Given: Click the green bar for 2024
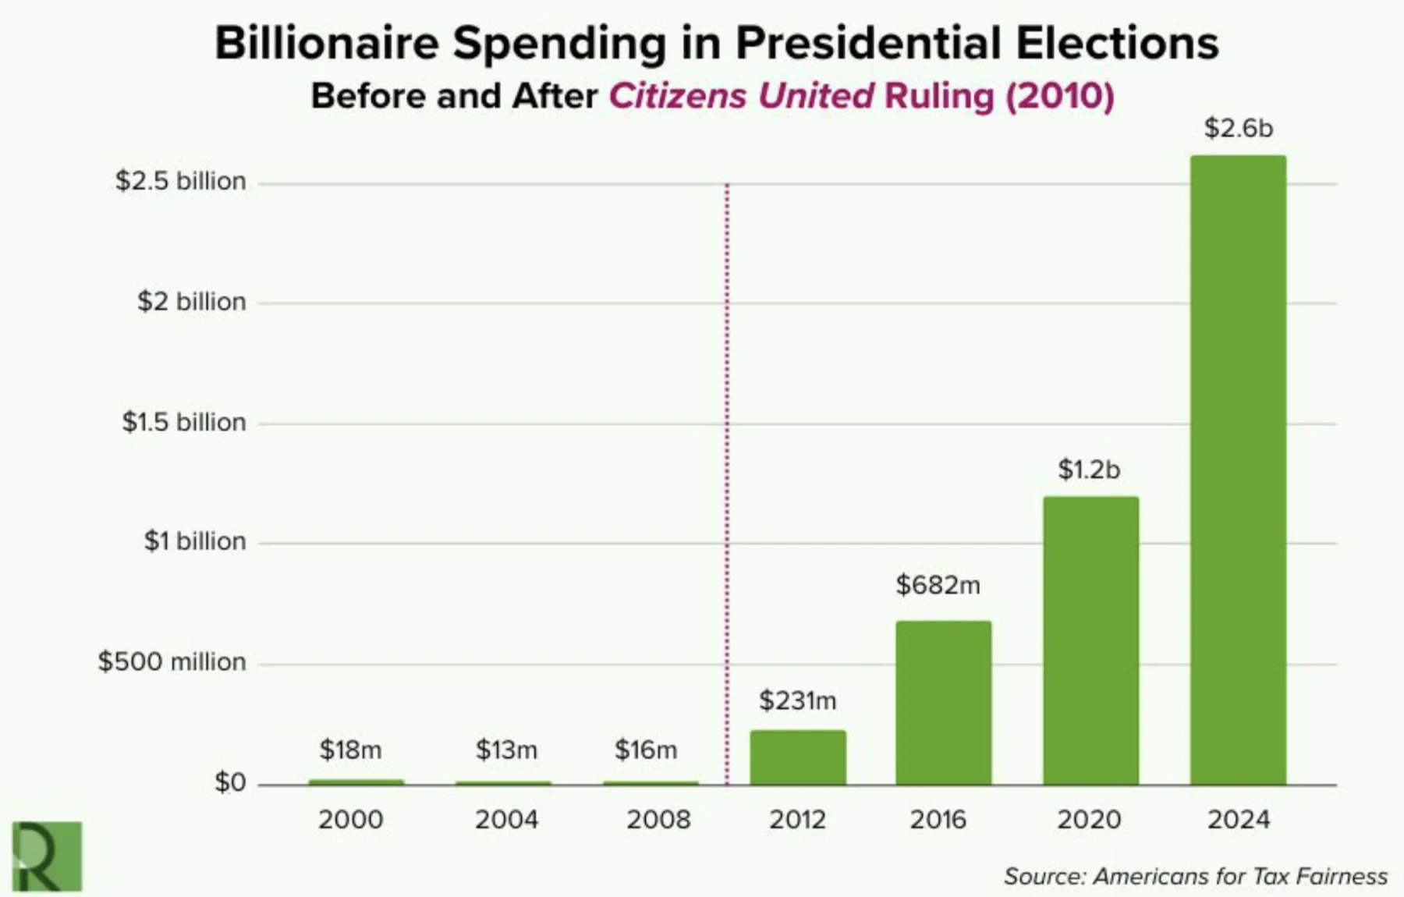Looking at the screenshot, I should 1238,468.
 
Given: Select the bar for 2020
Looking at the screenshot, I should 1090,640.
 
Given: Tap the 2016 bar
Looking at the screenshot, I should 943,702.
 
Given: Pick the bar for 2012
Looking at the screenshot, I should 797,757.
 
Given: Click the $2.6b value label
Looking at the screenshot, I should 1238,128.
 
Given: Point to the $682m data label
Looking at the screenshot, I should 938,584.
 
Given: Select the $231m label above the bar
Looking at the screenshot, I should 797,700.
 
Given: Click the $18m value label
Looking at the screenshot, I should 350,750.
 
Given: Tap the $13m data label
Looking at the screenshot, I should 506,750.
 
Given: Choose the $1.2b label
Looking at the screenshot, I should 1089,469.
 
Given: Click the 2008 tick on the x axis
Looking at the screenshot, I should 658,819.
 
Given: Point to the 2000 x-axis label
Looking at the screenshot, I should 350,819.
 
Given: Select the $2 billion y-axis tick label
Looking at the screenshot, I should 191,301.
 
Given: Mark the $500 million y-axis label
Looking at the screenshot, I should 172,661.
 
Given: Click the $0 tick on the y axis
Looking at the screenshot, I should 230,782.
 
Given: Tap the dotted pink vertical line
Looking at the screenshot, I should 727,468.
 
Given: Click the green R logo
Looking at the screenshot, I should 47,856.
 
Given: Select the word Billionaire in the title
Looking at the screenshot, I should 327,43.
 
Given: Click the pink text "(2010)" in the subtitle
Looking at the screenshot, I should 1060,96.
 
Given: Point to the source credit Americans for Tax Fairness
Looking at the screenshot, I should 1240,876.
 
